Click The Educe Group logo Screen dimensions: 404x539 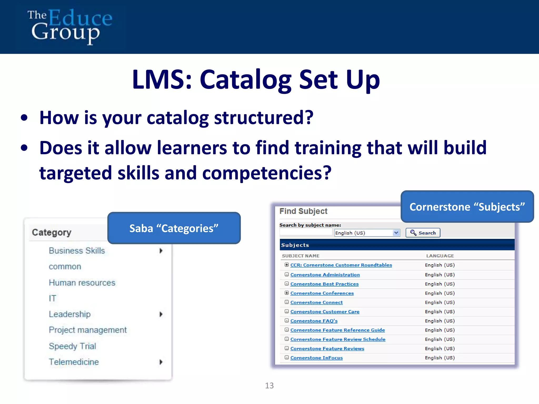pos(70,26)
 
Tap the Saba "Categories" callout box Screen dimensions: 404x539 pos(174,228)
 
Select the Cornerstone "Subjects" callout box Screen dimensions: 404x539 pos(467,207)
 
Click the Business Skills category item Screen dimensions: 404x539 pos(77,251)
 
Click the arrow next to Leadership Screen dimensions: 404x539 pos(161,314)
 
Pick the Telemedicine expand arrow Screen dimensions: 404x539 pos(161,362)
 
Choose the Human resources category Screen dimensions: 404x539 pos(82,283)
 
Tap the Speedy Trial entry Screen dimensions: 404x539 pos(72,346)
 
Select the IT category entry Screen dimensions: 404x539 pos(52,298)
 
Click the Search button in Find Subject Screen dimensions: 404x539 pos(423,233)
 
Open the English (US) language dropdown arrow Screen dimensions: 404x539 pos(396,233)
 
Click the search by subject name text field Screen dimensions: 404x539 pos(306,232)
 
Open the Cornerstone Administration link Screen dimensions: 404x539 pos(325,275)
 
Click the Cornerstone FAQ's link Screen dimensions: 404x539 pos(314,321)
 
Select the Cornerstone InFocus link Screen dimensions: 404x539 pos(316,358)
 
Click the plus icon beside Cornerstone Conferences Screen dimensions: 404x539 pos(287,293)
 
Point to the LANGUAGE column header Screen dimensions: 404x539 pos(440,256)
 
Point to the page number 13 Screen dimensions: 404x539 pos(269,386)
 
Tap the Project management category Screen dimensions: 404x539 pos(88,330)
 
